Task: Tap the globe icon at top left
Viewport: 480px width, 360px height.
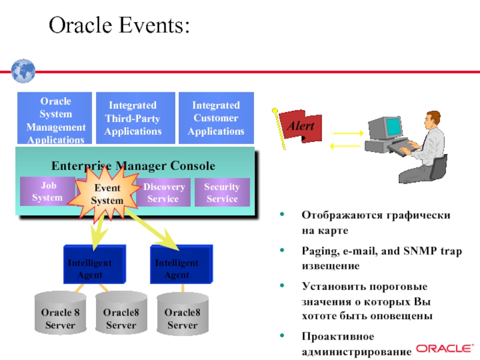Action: [x=23, y=70]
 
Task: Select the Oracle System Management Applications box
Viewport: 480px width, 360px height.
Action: [x=55, y=119]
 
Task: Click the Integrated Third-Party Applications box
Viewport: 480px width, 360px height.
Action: [x=133, y=118]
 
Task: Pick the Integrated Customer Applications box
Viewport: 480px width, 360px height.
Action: [x=216, y=118]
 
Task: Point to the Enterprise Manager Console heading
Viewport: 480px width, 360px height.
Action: [x=133, y=166]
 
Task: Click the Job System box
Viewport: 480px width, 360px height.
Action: [x=47, y=192]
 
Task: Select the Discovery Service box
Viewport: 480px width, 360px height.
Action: [x=163, y=193]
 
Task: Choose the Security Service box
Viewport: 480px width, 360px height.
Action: [x=222, y=193]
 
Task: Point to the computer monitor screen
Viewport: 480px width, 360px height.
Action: [x=392, y=125]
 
